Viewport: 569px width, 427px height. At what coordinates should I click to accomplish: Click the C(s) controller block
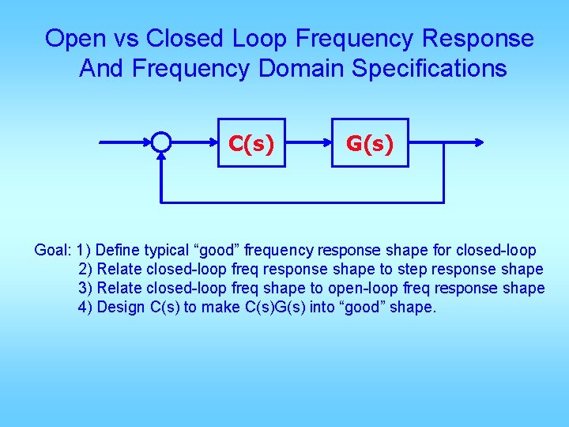251,143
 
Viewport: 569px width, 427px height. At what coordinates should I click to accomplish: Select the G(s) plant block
371,143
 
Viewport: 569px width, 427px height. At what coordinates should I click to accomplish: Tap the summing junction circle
161,142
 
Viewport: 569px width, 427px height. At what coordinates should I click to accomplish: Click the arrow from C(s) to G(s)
308,143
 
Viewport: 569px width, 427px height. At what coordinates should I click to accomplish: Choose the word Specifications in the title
429,69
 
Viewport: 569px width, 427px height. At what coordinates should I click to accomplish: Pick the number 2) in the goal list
85,270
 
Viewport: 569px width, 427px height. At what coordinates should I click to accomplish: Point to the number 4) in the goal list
85,308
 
